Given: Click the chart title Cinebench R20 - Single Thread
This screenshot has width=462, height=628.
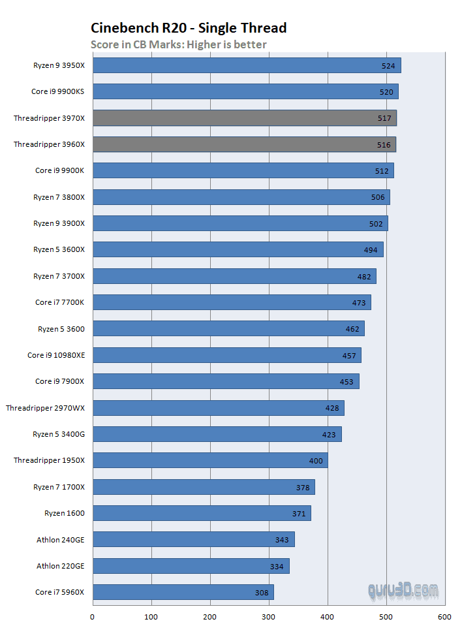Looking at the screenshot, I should point(189,27).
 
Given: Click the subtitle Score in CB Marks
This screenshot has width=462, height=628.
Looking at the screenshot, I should point(178,44).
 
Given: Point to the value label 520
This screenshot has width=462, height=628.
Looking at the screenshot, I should point(386,92).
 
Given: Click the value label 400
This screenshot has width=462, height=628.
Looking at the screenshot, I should point(316,461).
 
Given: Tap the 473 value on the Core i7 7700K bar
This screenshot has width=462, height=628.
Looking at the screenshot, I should point(359,303).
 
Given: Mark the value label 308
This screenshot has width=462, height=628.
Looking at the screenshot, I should point(262,593).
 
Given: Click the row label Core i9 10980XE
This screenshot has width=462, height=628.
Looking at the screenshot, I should point(55,355).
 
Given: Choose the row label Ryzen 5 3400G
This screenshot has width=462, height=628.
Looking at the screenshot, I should point(59,434).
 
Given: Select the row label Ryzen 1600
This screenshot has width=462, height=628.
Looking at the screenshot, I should point(65,513).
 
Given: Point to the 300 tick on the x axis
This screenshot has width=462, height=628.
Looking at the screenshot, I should point(269,616).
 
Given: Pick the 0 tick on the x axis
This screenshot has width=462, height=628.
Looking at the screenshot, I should point(92,616).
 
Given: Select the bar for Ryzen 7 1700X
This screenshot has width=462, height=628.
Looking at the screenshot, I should point(202,487).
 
